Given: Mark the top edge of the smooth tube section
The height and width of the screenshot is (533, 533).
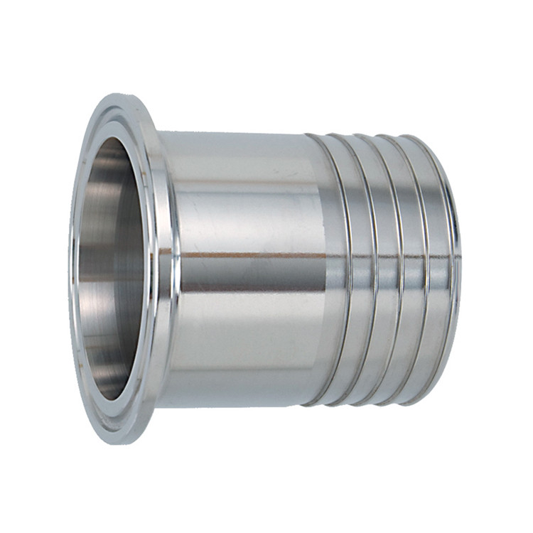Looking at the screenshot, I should (x=235, y=133).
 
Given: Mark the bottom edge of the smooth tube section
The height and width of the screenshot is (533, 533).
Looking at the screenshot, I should (x=235, y=407).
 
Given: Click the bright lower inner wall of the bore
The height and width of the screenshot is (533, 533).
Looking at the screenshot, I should (x=107, y=355).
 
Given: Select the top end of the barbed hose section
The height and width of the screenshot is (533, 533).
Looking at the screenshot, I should (x=377, y=135).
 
